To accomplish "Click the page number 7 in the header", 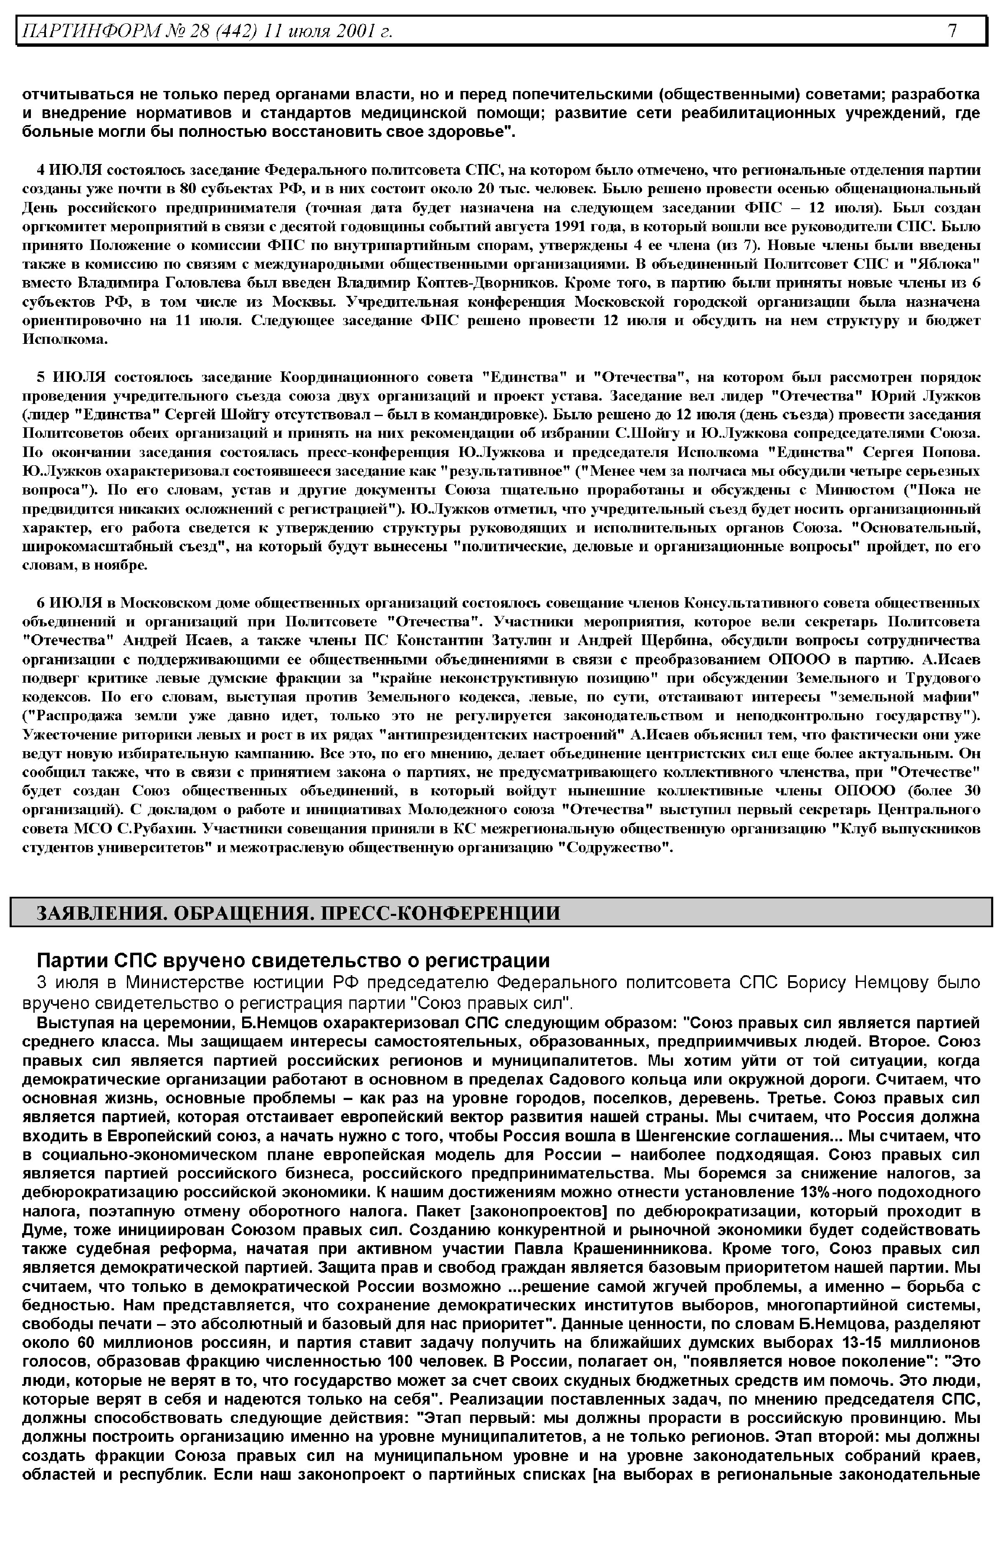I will pos(952,30).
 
